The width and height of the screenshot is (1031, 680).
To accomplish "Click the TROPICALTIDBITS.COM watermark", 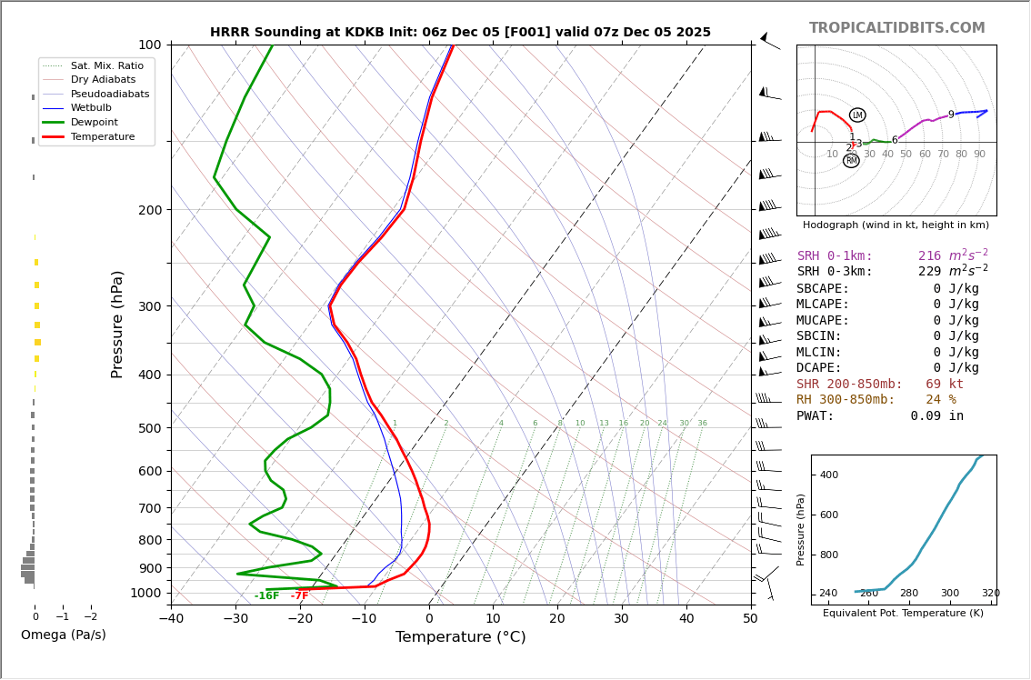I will point(896,28).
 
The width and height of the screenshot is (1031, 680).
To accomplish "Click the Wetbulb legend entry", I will point(90,108).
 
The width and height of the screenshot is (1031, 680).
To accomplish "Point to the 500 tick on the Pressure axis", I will point(149,428).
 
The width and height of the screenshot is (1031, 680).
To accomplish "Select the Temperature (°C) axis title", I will point(460,637).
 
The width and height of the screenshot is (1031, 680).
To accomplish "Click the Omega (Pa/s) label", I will point(63,635).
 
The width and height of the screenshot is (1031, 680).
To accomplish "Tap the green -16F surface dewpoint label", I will point(266,596).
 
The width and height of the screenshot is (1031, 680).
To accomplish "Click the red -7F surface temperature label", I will point(299,596).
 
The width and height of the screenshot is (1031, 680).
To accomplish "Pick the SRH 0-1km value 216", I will point(929,256).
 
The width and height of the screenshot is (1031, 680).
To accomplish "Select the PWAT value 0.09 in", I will point(936,416).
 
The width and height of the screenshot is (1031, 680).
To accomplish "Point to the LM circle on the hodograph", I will point(857,115).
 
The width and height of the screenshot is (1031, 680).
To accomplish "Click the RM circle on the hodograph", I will point(851,161).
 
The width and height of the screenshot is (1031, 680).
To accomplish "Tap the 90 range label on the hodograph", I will point(979,155).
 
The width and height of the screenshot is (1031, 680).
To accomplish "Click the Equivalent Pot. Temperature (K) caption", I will point(903,614).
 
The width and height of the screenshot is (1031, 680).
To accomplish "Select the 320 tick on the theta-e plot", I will point(990,594).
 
